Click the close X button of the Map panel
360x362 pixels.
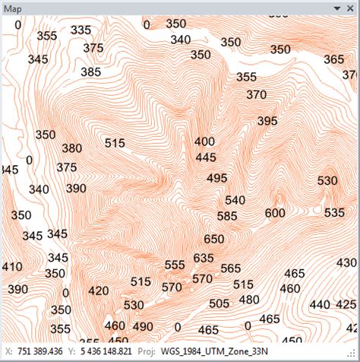coord(352,7)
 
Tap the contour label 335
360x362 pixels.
coord(81,30)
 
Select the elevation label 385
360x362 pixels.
coord(90,71)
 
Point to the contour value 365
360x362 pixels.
coord(333,59)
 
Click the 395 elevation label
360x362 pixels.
coord(267,121)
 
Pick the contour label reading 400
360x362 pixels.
coord(204,141)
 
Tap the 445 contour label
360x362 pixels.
coord(206,157)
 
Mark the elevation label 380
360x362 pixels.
coord(71,148)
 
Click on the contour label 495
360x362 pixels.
coord(216,178)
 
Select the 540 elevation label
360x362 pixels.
coord(235,200)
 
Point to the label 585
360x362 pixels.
coord(227,216)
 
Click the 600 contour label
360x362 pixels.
coord(275,213)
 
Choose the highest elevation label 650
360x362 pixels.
coord(214,239)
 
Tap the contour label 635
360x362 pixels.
coord(204,258)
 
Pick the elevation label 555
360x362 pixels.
coord(175,265)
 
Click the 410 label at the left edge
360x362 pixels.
coord(11,267)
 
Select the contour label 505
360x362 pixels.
coord(219,303)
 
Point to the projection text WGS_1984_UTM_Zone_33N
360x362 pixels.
coord(208,353)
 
